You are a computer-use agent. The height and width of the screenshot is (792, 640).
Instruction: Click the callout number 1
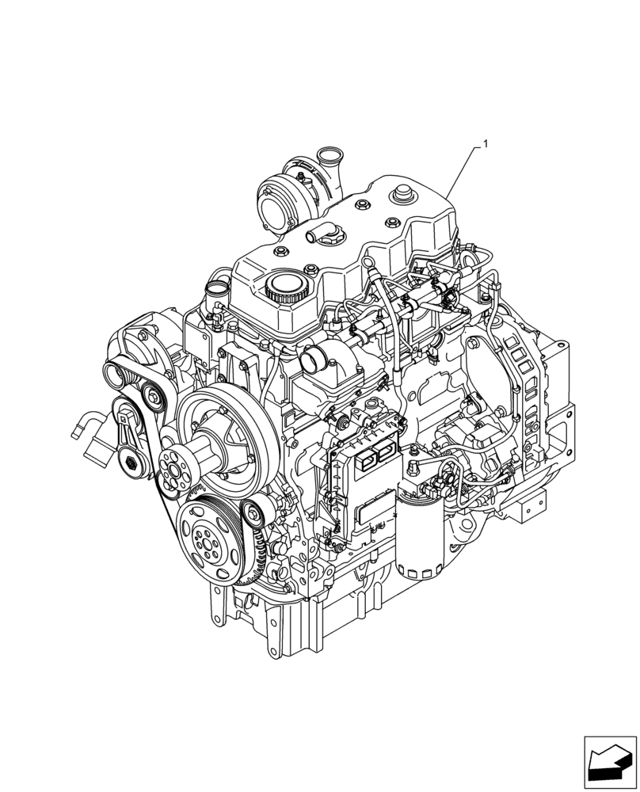(486, 145)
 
